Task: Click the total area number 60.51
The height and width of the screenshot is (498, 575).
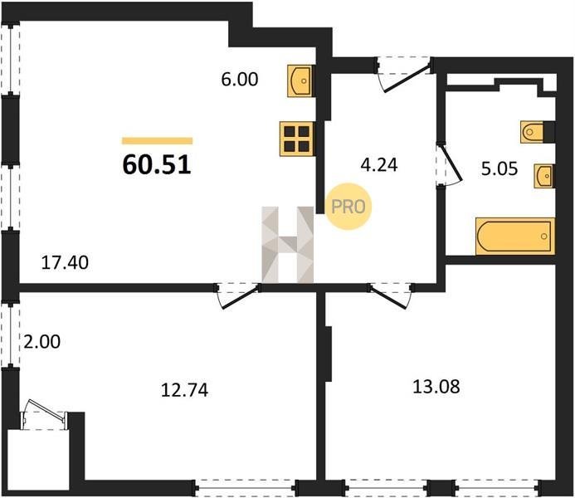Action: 157,164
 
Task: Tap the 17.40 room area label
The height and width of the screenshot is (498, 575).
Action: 65,262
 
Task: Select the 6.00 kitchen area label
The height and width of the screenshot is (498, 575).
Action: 240,79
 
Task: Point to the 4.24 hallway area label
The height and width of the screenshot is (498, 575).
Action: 379,165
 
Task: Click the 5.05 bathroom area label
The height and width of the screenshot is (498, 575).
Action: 499,168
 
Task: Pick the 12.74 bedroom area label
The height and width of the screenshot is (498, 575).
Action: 185,390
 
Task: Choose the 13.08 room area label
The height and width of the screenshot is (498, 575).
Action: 436,387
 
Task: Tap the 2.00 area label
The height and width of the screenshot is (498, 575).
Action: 41,342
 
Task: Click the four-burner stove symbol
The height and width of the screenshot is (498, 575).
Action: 296,139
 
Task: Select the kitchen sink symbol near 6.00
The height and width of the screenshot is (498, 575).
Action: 300,81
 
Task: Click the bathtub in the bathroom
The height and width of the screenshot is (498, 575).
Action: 515,237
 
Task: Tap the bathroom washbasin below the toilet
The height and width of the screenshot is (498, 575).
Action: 544,176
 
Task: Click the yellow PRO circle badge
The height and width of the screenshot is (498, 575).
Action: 348,207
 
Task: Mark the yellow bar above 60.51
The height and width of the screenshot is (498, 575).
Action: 158,141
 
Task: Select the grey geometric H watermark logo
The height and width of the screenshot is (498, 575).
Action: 288,245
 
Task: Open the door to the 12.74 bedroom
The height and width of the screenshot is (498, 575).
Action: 237,295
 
